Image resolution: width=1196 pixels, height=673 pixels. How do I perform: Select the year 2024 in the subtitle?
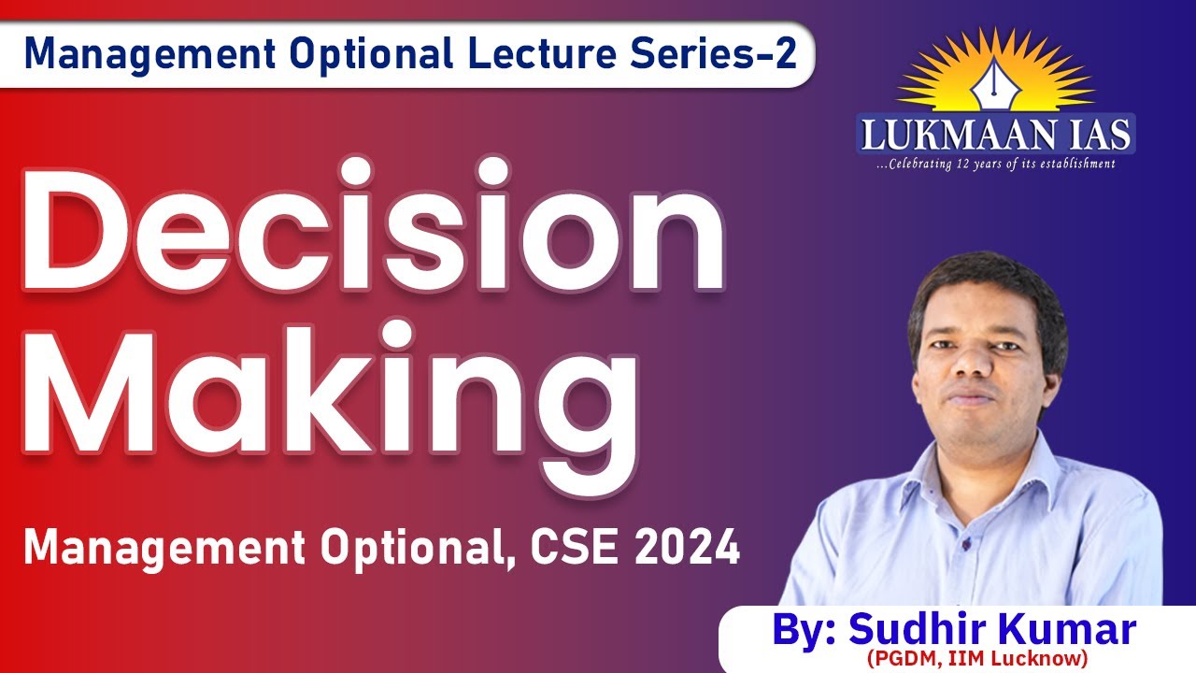pyautogui.click(x=687, y=548)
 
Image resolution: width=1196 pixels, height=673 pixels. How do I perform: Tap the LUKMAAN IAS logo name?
pyautogui.click(x=995, y=134)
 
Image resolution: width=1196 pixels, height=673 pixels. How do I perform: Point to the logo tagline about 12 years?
pyautogui.click(x=995, y=165)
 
